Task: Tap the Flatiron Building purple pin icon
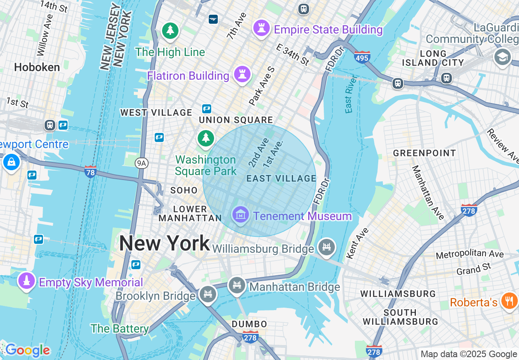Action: pyautogui.click(x=242, y=74)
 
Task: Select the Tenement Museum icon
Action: pyautogui.click(x=241, y=214)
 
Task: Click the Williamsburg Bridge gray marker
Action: pyautogui.click(x=326, y=247)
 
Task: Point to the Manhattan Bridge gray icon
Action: pyautogui.click(x=237, y=285)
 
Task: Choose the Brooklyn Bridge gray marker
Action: pyautogui.click(x=208, y=294)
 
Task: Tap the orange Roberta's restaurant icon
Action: pyautogui.click(x=509, y=301)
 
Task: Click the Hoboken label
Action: pyautogui.click(x=37, y=67)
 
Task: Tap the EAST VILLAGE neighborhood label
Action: pyautogui.click(x=282, y=178)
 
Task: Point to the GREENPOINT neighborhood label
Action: pyautogui.click(x=424, y=153)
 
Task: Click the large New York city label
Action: pyautogui.click(x=165, y=244)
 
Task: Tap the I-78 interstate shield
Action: pyautogui.click(x=90, y=171)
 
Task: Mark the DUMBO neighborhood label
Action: pyautogui.click(x=249, y=324)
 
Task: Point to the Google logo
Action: pyautogui.click(x=27, y=350)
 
